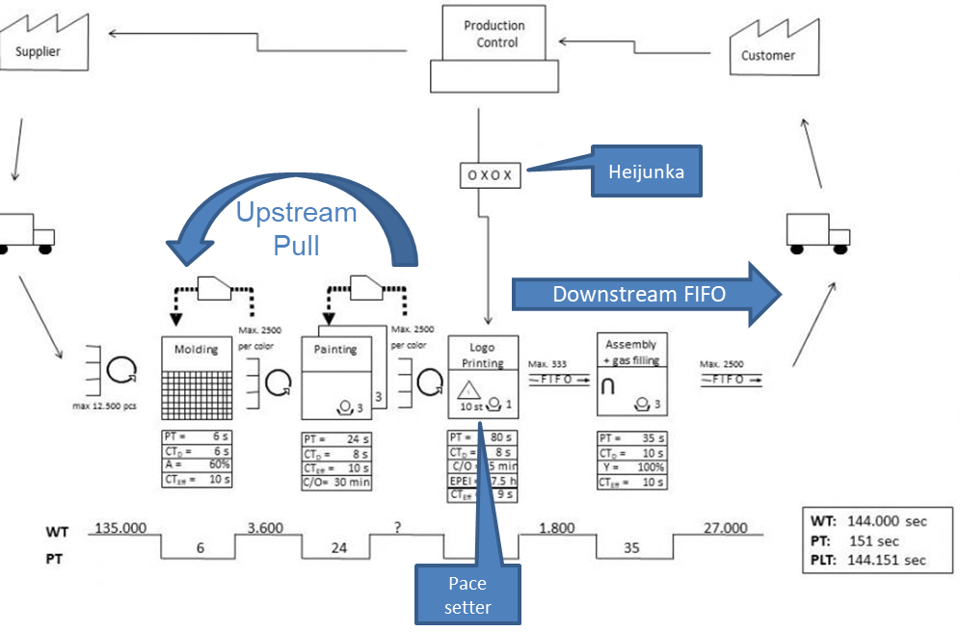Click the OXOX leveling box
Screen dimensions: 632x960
point(491,175)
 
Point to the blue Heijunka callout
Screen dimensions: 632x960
point(646,171)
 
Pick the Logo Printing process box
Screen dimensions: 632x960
point(483,377)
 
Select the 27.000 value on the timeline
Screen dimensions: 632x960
point(725,528)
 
